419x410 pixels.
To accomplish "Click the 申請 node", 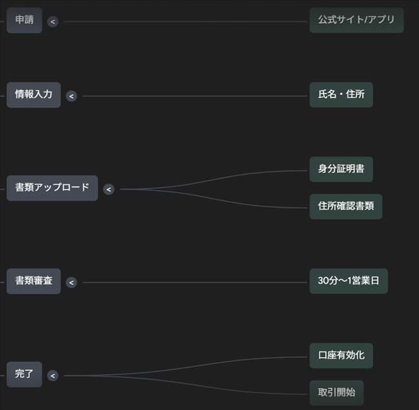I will point(24,21).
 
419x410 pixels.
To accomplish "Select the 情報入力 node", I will point(34,95).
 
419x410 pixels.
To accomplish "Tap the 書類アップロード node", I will point(52,188).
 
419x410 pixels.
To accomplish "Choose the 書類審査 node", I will point(34,282).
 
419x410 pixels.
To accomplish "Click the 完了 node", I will point(24,375).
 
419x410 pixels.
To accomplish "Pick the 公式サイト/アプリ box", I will point(356,20).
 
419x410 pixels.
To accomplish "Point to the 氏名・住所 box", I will point(341,95).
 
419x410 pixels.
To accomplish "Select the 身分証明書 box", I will point(341,170).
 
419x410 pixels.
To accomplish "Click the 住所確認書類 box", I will point(346,206).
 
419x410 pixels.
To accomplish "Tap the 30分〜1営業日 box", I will point(348,281).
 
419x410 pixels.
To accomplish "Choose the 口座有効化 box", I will point(341,356).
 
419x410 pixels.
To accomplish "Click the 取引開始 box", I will point(336,393).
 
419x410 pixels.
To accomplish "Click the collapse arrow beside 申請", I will point(53,21).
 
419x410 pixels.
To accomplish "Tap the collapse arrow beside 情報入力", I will point(72,96).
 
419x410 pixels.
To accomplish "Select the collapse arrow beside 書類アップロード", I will point(108,189).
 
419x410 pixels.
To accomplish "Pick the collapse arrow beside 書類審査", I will point(72,282).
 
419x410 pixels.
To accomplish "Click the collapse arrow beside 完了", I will point(53,375).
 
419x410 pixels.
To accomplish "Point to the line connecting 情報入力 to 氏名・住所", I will point(193,96).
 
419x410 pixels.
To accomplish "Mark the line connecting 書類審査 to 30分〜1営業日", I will point(193,282).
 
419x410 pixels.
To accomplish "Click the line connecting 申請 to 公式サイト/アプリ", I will point(187,21).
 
